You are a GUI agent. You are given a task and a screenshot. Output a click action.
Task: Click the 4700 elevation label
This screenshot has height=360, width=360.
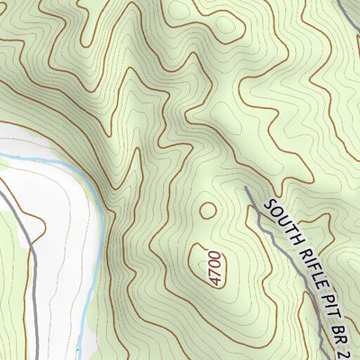[x=214, y=268]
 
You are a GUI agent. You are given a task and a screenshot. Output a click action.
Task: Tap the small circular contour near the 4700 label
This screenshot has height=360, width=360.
[x=208, y=211]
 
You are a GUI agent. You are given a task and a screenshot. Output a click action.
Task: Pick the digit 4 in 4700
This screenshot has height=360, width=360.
[x=214, y=282]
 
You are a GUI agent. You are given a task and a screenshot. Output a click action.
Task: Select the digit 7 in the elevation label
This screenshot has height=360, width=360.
[x=214, y=273]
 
